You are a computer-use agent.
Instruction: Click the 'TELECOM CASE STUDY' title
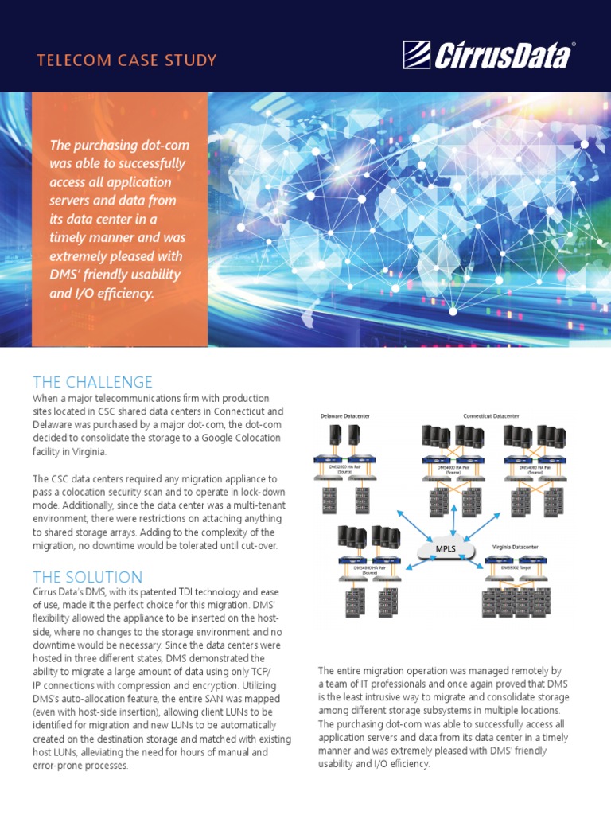(x=126, y=60)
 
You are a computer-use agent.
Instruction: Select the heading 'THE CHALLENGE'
(x=92, y=382)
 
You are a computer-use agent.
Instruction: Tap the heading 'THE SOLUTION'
(x=88, y=577)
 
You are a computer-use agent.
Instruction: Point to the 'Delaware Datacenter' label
(x=344, y=416)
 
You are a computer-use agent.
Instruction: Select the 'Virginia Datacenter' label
(x=512, y=548)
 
